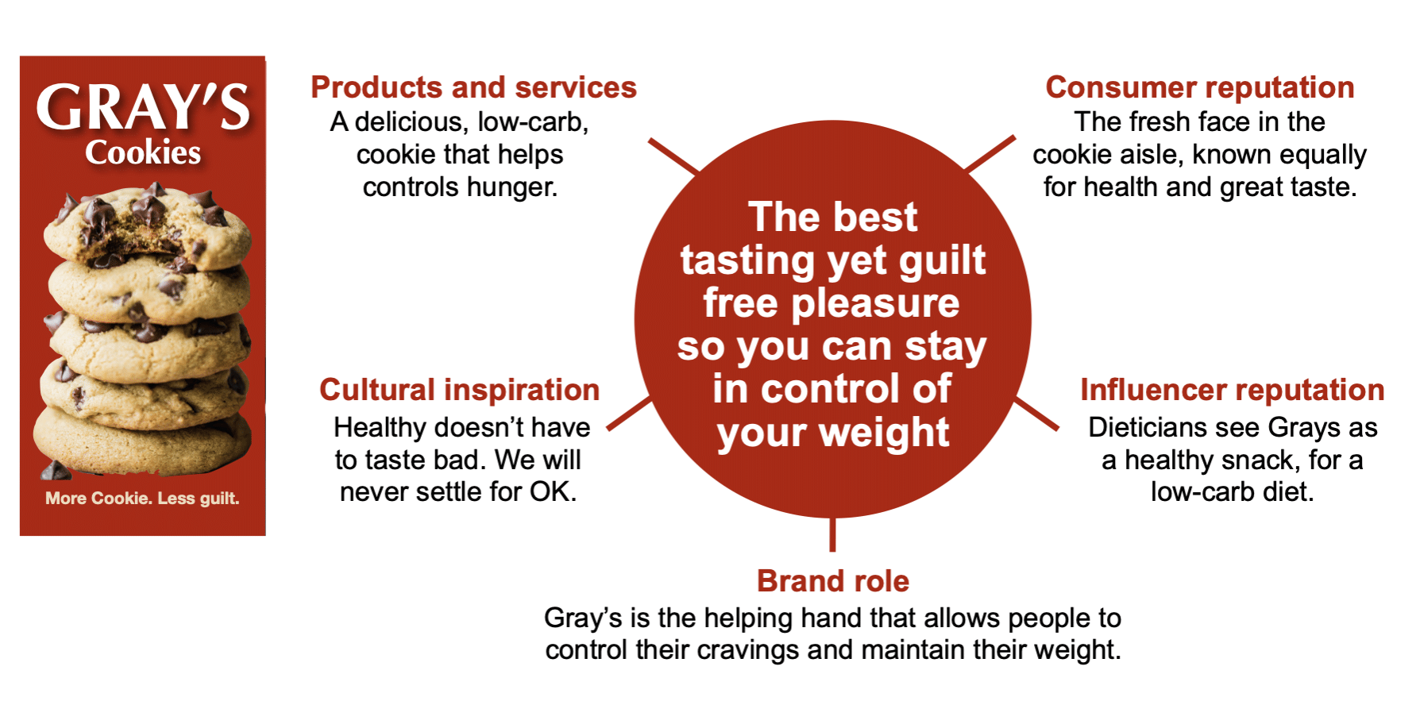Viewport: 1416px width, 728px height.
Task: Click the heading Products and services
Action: click(473, 87)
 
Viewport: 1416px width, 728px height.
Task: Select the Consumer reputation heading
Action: click(1199, 87)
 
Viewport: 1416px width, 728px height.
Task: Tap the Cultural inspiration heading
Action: click(459, 390)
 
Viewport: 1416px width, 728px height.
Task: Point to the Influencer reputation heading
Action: click(1232, 390)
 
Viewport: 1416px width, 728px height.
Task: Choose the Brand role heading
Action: click(833, 581)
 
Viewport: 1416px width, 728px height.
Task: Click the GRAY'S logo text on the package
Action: click(143, 108)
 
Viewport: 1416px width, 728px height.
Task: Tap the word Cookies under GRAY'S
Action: click(143, 152)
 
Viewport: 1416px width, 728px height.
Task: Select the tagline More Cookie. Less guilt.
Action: click(142, 499)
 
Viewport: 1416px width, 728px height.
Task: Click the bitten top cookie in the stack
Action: click(148, 226)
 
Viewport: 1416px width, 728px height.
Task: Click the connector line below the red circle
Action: click(832, 534)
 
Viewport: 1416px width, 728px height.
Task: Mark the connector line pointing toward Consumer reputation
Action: click(990, 153)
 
